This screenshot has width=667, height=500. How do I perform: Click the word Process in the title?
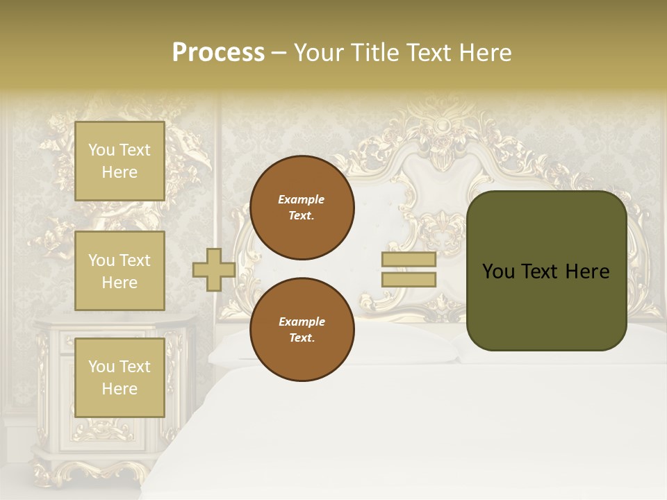click(x=218, y=53)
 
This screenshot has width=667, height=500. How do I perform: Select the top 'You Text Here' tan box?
click(x=120, y=161)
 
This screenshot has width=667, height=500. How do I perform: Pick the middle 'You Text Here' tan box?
click(x=120, y=271)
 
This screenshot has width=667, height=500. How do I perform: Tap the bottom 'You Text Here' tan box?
click(x=120, y=377)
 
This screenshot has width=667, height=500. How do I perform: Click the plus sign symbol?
click(x=214, y=269)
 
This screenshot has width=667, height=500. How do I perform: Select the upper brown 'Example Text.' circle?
click(x=302, y=208)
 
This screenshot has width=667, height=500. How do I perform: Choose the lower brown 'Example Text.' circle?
click(x=302, y=329)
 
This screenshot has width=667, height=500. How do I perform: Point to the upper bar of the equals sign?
click(x=409, y=260)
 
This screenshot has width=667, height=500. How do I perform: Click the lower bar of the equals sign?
click(x=409, y=280)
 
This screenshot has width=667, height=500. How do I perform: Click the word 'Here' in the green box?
click(x=587, y=272)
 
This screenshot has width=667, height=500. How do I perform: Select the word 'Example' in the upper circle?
click(x=302, y=199)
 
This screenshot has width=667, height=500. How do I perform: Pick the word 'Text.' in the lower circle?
click(x=302, y=337)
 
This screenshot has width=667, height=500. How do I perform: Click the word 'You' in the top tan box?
click(x=101, y=150)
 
